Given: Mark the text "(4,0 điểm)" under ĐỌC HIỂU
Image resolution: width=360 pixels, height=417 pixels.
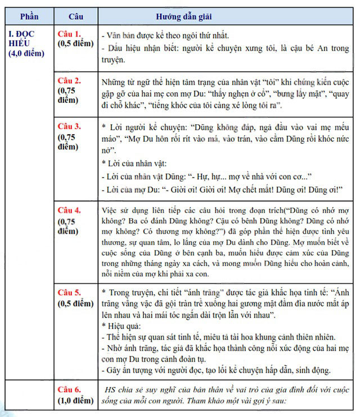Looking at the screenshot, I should pyautogui.click(x=26, y=53).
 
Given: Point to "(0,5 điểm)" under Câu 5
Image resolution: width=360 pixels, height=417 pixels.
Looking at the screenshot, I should pyautogui.click(x=75, y=303).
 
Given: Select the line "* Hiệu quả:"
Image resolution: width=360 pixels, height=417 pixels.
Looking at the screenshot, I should pyautogui.click(x=121, y=326).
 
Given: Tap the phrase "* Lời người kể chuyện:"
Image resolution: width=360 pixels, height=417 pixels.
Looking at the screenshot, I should pyautogui.click(x=144, y=127).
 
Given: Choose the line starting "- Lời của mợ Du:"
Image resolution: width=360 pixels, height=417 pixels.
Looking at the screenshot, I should pyautogui.click(x=222, y=189).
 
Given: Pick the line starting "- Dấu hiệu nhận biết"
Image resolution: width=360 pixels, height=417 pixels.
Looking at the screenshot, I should pyautogui.click(x=225, y=48).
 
